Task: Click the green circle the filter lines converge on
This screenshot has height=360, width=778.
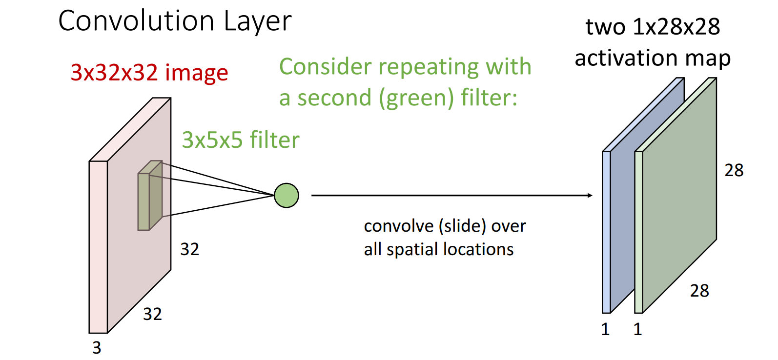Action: [x=287, y=196]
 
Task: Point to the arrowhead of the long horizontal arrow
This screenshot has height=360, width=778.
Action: [x=590, y=196]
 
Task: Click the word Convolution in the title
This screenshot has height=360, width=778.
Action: [x=136, y=21]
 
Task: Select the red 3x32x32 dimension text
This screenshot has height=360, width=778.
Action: [x=114, y=72]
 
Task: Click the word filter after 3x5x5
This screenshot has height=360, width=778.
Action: [x=275, y=140]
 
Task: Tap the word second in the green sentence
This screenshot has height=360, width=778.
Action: [x=334, y=98]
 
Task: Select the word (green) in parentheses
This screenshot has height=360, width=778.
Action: [x=416, y=98]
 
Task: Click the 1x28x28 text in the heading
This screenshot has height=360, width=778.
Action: [x=676, y=27]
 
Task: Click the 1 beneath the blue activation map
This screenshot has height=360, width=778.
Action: [x=605, y=330]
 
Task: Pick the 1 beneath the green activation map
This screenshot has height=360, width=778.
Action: [x=637, y=330]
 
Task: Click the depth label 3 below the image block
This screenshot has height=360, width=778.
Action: [x=97, y=348]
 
